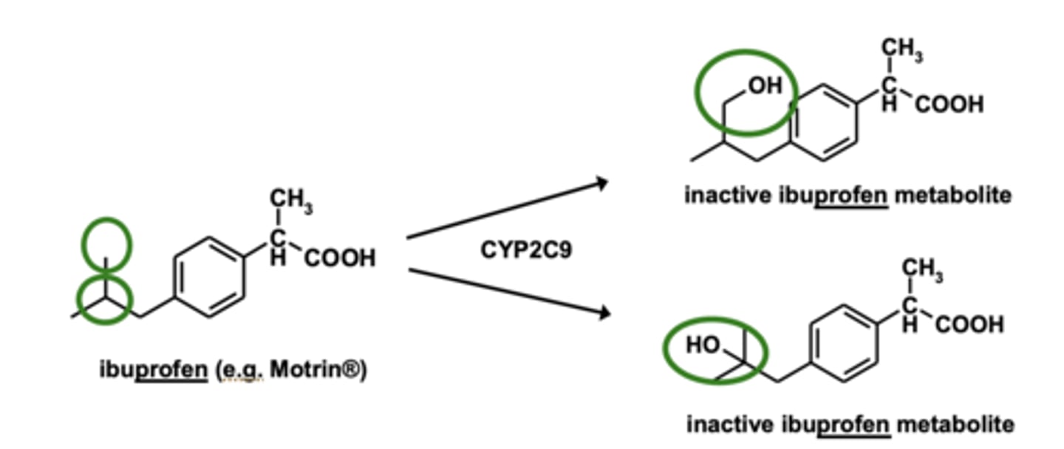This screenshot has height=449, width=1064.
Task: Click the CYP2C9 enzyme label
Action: [526, 250]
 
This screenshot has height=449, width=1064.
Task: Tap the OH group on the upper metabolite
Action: [765, 87]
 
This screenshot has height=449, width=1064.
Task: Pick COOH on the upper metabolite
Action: [949, 104]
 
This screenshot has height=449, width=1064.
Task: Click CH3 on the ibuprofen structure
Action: [290, 199]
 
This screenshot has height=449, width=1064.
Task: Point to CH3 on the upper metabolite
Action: [901, 49]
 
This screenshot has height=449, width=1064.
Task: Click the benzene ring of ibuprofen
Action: [208, 277]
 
